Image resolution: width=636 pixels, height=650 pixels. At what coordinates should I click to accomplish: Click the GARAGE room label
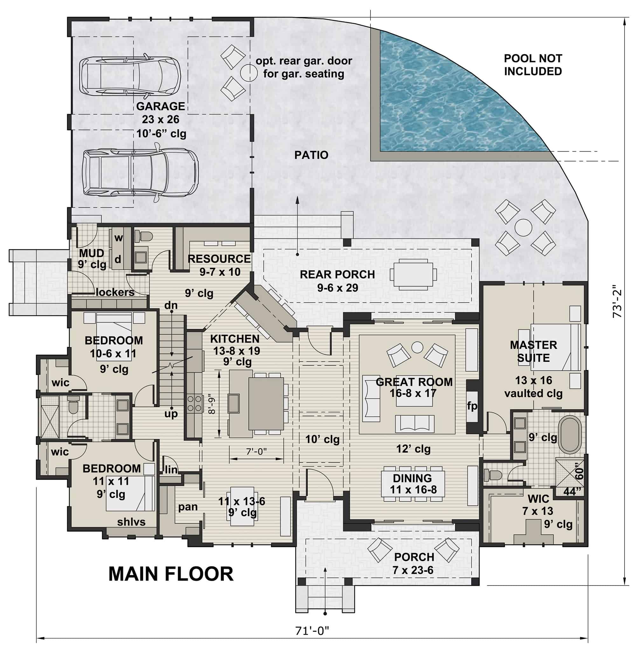160,106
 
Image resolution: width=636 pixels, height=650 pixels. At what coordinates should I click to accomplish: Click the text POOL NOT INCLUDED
533,65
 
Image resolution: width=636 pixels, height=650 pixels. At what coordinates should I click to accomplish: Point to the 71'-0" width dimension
312,630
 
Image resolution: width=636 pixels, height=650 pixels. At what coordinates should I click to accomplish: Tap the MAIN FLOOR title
171,573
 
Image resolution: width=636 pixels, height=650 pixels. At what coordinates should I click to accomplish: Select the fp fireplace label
472,406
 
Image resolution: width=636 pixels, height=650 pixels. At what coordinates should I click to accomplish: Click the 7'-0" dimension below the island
257,451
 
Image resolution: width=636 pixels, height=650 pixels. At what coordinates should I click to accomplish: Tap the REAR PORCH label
337,274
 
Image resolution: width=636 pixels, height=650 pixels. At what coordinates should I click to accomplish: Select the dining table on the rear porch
413,274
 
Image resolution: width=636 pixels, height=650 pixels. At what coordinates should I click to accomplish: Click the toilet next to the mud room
144,236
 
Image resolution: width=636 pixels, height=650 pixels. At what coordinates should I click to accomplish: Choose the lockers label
115,292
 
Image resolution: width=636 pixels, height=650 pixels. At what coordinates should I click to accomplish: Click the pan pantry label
188,507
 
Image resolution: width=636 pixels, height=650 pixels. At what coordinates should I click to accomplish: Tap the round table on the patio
523,228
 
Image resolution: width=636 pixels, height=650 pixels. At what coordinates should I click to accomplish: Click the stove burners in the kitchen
195,403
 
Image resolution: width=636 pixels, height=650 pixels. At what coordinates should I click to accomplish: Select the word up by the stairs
171,414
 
